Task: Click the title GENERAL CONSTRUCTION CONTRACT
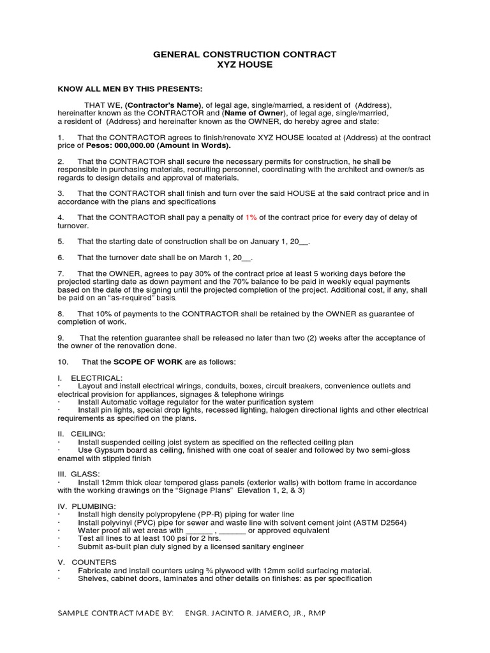click(x=244, y=55)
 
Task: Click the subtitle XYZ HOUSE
click(x=244, y=65)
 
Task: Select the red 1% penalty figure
click(x=252, y=217)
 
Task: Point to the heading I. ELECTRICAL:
click(x=90, y=378)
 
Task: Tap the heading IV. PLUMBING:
click(x=87, y=506)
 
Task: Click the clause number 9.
click(x=61, y=338)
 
